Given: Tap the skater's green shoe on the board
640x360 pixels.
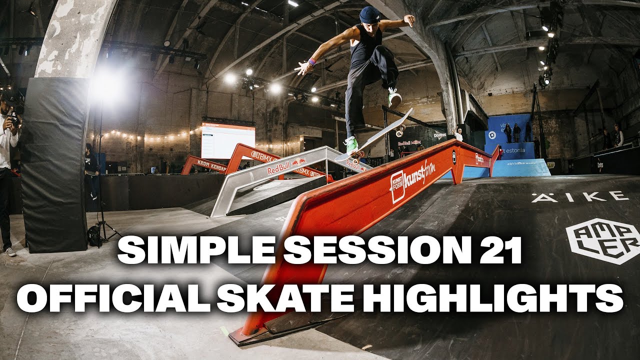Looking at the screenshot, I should (351, 144).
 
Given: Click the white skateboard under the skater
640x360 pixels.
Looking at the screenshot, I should (375, 135).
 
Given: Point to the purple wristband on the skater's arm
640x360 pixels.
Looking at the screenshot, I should (312, 62).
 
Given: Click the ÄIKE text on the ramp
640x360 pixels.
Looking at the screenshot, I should (580, 196).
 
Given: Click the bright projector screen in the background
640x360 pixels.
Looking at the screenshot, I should (228, 140).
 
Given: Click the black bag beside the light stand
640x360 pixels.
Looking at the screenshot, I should (94, 235).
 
